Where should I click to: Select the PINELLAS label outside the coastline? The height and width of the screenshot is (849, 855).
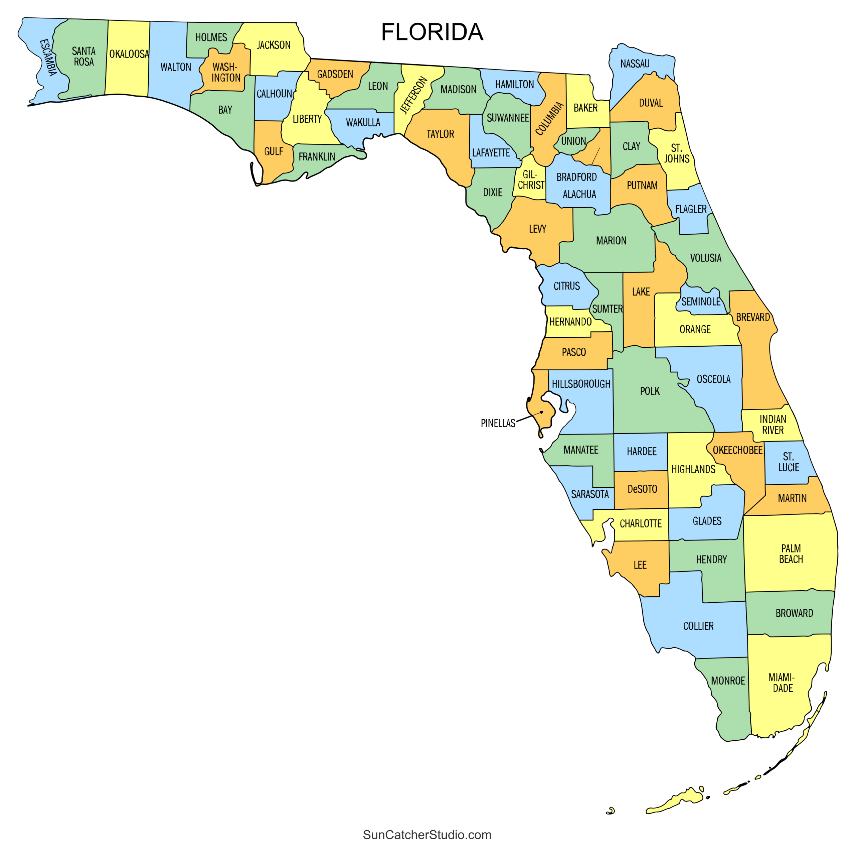tap(498, 423)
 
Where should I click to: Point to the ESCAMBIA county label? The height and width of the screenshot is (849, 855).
tap(48, 57)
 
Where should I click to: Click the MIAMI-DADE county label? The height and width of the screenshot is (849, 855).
tap(782, 683)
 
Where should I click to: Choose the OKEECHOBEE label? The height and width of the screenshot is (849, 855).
tap(737, 450)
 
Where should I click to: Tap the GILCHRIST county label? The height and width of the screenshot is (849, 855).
tap(531, 180)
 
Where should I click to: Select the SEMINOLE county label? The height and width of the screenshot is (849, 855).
tap(701, 301)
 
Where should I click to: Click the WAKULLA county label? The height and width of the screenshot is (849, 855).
tap(363, 123)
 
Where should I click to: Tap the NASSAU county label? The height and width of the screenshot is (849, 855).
tap(635, 64)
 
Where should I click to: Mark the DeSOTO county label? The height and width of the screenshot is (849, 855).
tap(642, 489)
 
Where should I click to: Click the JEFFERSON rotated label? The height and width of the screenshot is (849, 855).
tap(414, 95)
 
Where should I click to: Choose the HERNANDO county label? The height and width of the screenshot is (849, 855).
tap(570, 322)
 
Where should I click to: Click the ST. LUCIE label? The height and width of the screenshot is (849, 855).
tap(788, 462)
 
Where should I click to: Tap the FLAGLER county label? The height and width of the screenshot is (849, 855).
tap(691, 209)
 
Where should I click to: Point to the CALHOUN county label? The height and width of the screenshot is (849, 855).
tap(275, 94)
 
